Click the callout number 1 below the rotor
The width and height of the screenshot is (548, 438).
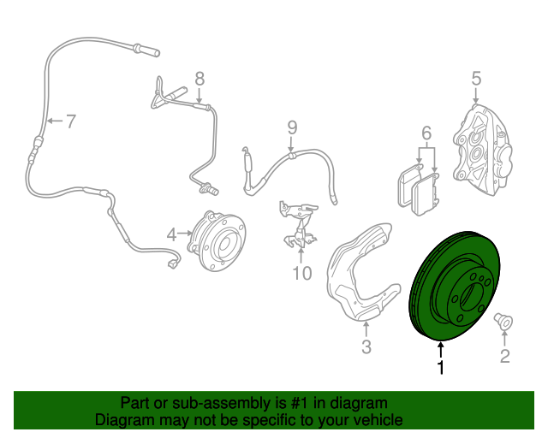tap(441, 369)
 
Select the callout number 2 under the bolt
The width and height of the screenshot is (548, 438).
tap(504, 356)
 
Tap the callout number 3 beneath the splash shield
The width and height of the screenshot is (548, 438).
tap(366, 346)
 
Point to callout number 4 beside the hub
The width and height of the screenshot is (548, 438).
tap(172, 233)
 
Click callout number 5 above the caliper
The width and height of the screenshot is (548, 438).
tap(477, 80)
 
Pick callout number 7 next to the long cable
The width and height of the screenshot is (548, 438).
tap(70, 121)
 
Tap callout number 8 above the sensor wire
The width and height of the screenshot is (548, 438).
tap(200, 79)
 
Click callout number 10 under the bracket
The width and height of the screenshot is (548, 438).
tap(301, 274)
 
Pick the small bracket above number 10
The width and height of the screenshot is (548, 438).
tap(295, 222)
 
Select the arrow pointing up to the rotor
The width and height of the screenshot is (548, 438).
tap(441, 349)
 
